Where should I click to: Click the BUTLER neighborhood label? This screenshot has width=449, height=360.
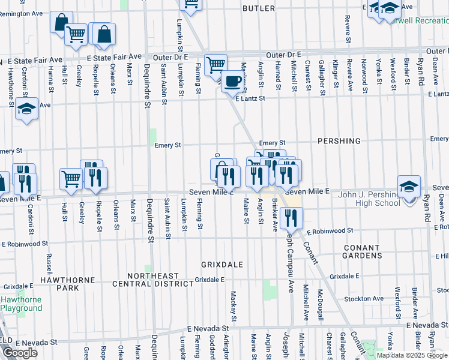tap(259, 8)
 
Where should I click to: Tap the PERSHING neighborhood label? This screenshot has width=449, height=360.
tap(340, 141)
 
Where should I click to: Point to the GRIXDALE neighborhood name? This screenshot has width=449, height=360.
tap(222, 264)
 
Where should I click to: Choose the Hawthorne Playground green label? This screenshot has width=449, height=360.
tap(22, 304)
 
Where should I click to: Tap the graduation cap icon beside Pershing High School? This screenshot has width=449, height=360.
tap(408, 187)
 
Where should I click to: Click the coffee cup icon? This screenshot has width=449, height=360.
tap(232, 81)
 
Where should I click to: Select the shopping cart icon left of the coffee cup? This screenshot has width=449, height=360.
tap(215, 64)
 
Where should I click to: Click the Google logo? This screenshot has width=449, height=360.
tap(20, 353)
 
